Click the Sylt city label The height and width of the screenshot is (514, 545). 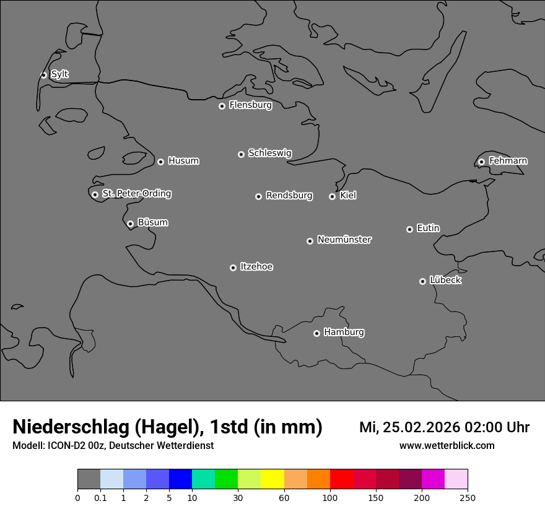[59, 74]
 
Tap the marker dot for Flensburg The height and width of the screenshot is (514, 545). [222, 106]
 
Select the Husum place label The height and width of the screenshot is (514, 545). [183, 161]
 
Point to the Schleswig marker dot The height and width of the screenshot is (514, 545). [241, 154]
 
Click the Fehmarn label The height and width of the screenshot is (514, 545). [508, 161]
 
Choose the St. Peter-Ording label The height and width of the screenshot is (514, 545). [136, 194]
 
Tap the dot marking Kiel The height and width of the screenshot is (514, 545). [332, 196]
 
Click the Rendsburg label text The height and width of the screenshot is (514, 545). [289, 196]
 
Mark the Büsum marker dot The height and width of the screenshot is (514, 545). [130, 224]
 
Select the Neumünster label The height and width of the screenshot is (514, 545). [344, 240]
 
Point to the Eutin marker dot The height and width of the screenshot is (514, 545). [409, 229]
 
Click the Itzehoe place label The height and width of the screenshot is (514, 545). [256, 267]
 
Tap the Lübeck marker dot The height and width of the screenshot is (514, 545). [422, 281]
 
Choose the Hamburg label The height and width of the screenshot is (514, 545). [344, 333]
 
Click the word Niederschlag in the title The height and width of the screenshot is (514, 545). [72, 427]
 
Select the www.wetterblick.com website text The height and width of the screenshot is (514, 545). [447, 445]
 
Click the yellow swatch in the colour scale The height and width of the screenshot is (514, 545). [272, 479]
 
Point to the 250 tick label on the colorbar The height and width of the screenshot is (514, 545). [468, 497]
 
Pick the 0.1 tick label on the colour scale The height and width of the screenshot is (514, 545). [100, 497]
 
